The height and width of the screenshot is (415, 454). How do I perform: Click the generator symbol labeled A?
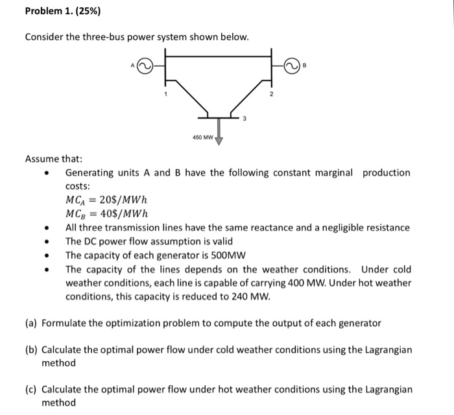click(x=145, y=65)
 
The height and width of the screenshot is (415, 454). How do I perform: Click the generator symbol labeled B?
click(x=296, y=65)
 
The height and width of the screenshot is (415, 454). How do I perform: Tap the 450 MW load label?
click(x=203, y=137)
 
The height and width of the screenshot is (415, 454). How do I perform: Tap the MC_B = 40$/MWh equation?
click(x=107, y=214)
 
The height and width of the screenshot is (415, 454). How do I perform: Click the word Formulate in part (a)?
click(x=65, y=322)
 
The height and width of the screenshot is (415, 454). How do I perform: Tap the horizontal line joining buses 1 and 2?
click(x=219, y=56)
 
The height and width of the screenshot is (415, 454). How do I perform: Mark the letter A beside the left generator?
click(x=132, y=65)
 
